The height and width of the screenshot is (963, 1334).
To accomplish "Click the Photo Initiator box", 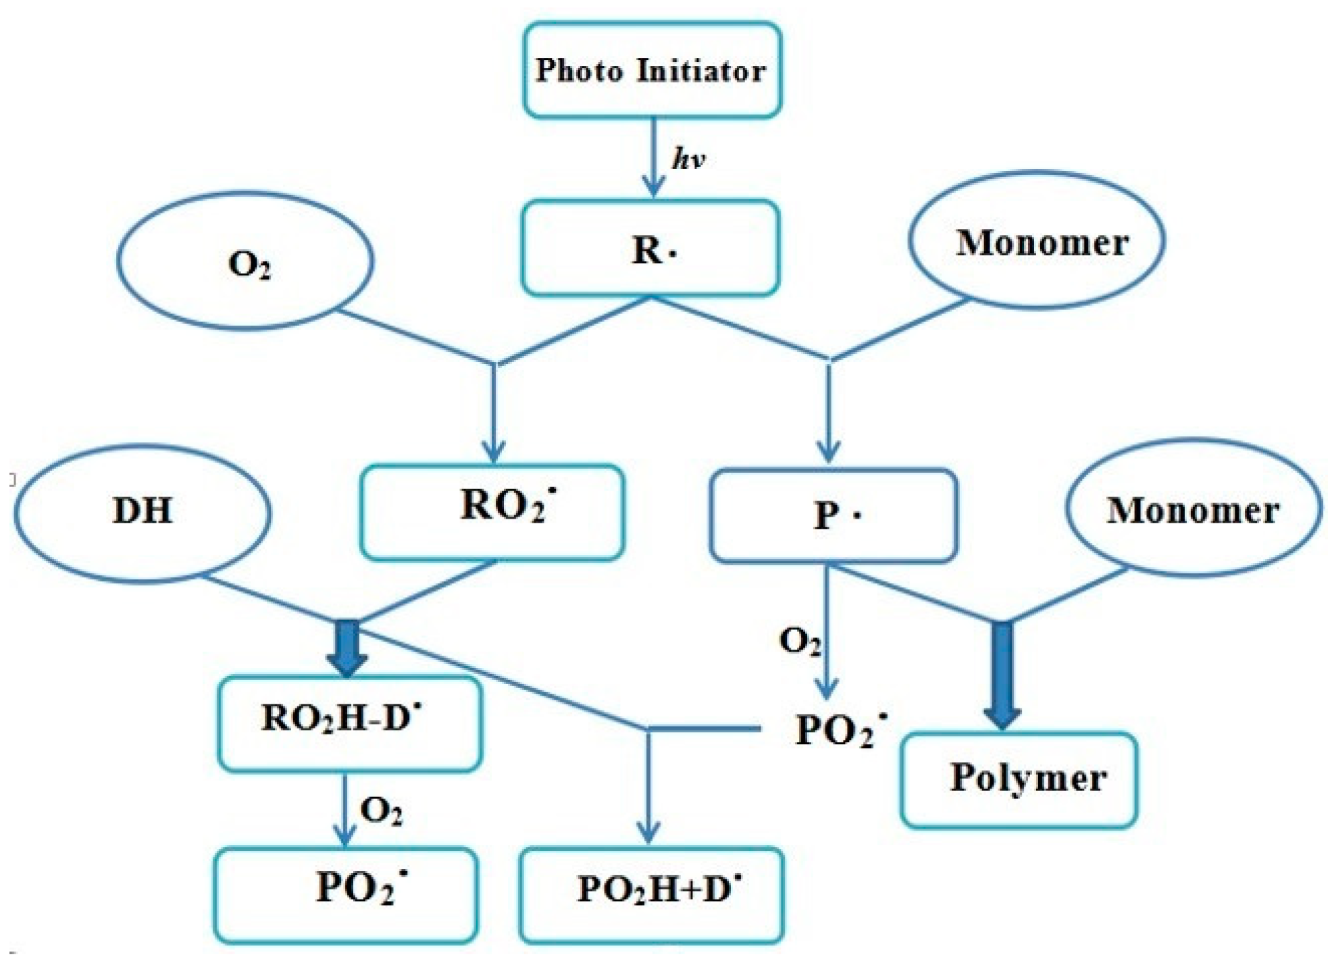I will pyautogui.click(x=652, y=70).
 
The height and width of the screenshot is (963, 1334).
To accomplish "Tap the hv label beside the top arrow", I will pyautogui.click(x=688, y=159).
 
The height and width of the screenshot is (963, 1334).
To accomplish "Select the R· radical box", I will pyautogui.click(x=651, y=249).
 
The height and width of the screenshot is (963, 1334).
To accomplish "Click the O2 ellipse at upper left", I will pyautogui.click(x=246, y=262).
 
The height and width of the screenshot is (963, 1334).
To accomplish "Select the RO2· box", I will pyautogui.click(x=492, y=512).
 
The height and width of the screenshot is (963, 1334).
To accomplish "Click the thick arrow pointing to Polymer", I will pyautogui.click(x=1002, y=675).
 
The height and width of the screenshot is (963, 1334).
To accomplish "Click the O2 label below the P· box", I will pyautogui.click(x=799, y=640).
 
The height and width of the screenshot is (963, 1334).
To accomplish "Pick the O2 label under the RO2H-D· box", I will pyautogui.click(x=381, y=810).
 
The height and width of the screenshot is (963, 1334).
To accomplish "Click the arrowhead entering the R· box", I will pyautogui.click(x=652, y=187).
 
